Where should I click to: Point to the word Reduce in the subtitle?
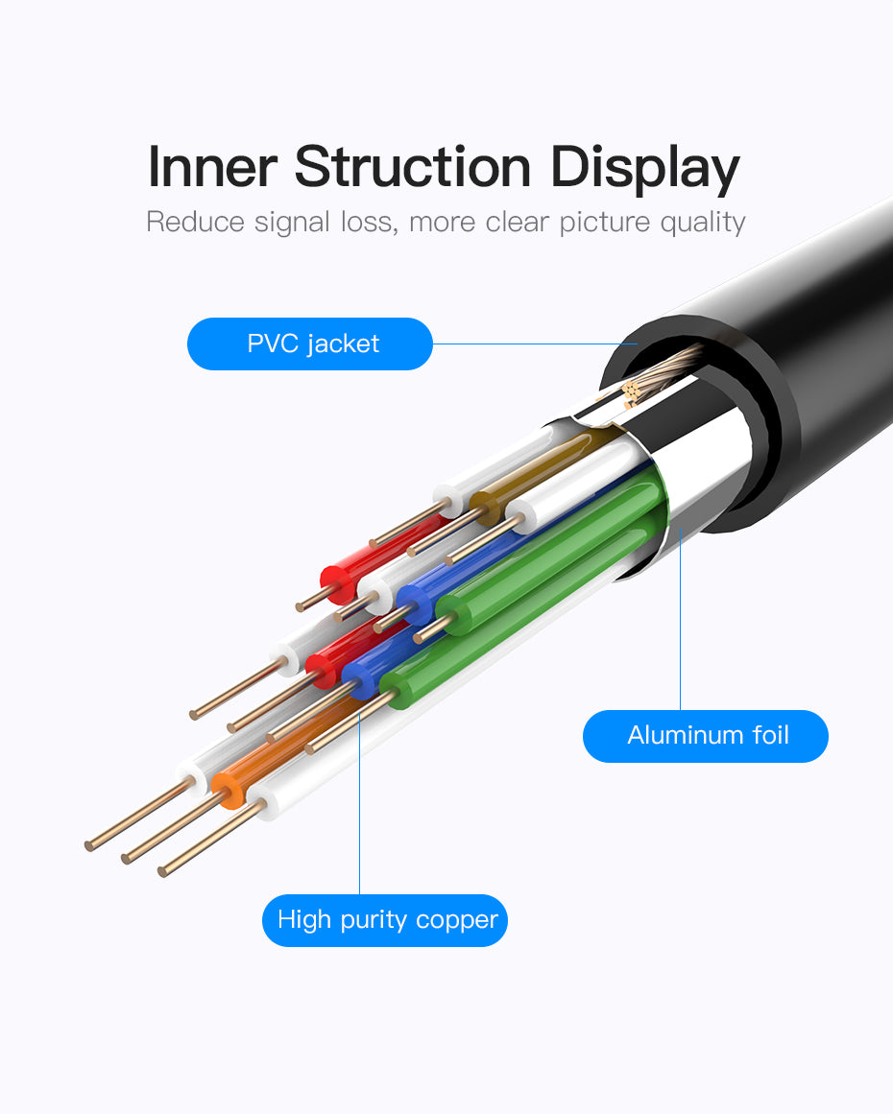click(x=195, y=222)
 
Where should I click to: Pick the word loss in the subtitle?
click(x=369, y=222)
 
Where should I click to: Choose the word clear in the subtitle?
click(x=517, y=222)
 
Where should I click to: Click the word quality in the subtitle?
click(x=703, y=223)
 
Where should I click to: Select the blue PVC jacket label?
click(x=310, y=344)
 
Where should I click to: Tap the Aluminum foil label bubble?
click(x=706, y=736)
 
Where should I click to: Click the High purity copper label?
click(x=385, y=920)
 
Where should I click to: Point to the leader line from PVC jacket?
click(x=533, y=344)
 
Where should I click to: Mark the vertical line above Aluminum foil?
click(x=680, y=624)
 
